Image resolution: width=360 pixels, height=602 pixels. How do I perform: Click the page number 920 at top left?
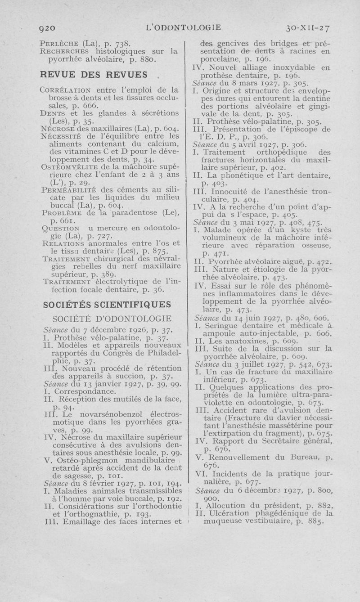click(46, 27)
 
